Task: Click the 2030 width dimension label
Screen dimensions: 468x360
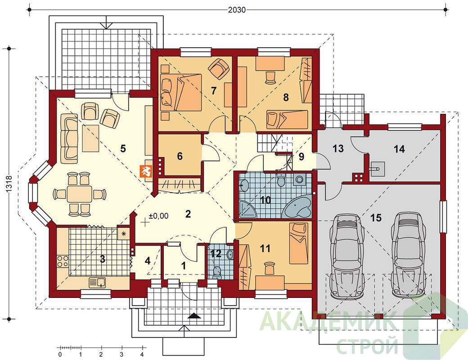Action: [x=237, y=10]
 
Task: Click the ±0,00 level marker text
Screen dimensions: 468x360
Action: [x=158, y=216]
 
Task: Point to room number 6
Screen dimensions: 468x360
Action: [x=180, y=156]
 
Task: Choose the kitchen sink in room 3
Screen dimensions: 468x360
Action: [x=98, y=282]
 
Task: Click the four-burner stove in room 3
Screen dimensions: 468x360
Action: [x=63, y=261]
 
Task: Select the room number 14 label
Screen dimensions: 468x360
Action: [x=399, y=148]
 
